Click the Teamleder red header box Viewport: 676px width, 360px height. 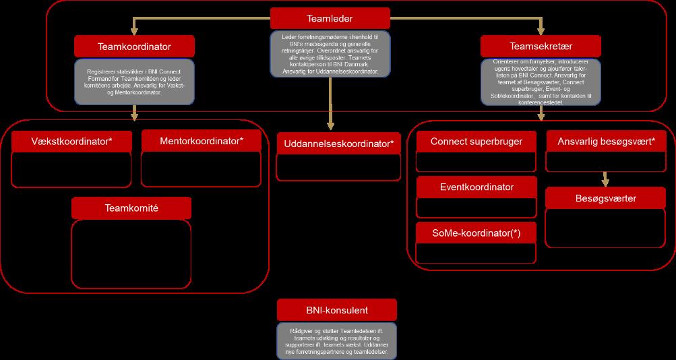coord(330,18)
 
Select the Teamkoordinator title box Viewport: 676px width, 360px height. coord(134,47)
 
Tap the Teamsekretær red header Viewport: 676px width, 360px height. coord(541,47)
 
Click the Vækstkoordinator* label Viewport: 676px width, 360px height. coord(71,142)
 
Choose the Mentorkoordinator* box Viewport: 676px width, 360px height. coord(202,142)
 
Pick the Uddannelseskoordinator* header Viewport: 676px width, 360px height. coord(338,144)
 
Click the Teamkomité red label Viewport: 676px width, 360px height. coord(131,208)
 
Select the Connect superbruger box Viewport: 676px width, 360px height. coord(477,142)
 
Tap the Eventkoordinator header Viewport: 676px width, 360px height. coord(477,187)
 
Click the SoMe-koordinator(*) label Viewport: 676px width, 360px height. coord(477,233)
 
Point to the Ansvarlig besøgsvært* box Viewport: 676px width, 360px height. coord(605,142)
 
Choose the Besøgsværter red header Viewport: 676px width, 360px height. coord(605,198)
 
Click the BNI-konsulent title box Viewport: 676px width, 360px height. coord(336,310)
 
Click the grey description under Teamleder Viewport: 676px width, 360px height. coord(330,53)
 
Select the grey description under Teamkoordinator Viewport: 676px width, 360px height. coord(134,81)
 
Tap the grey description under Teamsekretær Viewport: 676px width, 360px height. coord(541,80)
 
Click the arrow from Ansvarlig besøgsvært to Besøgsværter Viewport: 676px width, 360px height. coord(605,179)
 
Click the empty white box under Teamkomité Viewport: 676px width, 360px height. coord(131,253)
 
